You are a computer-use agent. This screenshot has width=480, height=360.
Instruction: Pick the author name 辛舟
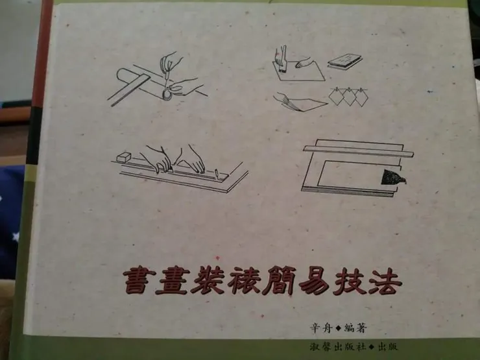[322, 328]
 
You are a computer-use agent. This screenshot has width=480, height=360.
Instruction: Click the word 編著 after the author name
[355, 328]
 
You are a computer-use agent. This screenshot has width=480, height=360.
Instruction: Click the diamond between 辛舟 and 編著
[339, 328]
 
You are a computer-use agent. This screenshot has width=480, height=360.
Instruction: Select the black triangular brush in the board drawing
[392, 177]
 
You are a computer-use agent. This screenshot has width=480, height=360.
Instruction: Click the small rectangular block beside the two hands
[125, 157]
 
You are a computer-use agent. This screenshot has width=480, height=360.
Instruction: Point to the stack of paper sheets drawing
[345, 62]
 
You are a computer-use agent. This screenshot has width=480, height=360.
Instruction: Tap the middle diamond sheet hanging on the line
[348, 97]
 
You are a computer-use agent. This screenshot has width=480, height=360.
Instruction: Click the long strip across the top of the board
[359, 151]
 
